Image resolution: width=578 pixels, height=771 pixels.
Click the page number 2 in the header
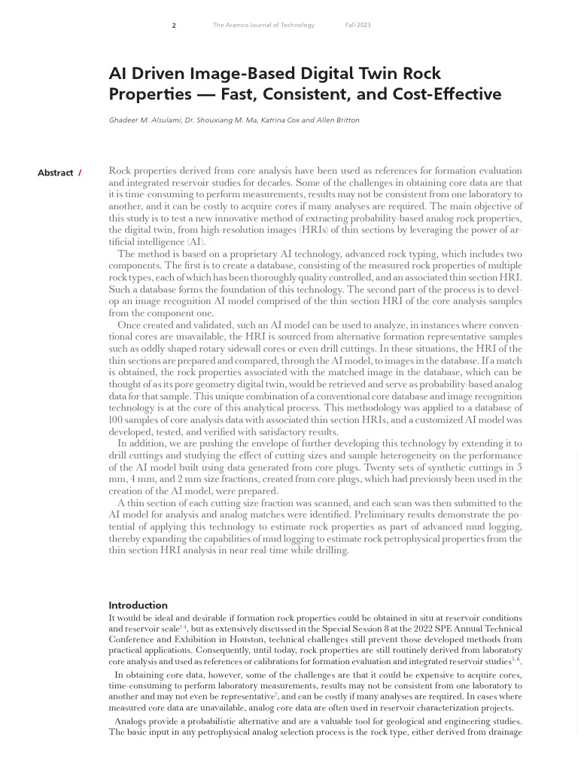(x=174, y=25)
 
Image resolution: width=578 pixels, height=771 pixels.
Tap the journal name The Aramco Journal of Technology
(x=263, y=25)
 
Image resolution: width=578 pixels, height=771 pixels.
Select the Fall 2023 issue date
(x=357, y=25)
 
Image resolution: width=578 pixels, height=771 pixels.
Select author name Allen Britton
(x=338, y=120)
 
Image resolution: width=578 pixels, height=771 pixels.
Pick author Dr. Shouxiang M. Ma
(x=219, y=120)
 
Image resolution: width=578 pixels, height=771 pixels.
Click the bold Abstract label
(x=55, y=172)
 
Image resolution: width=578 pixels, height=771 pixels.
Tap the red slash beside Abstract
(x=80, y=172)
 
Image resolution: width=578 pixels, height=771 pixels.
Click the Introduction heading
(x=138, y=605)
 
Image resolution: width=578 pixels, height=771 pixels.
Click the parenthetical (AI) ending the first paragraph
(x=194, y=242)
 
